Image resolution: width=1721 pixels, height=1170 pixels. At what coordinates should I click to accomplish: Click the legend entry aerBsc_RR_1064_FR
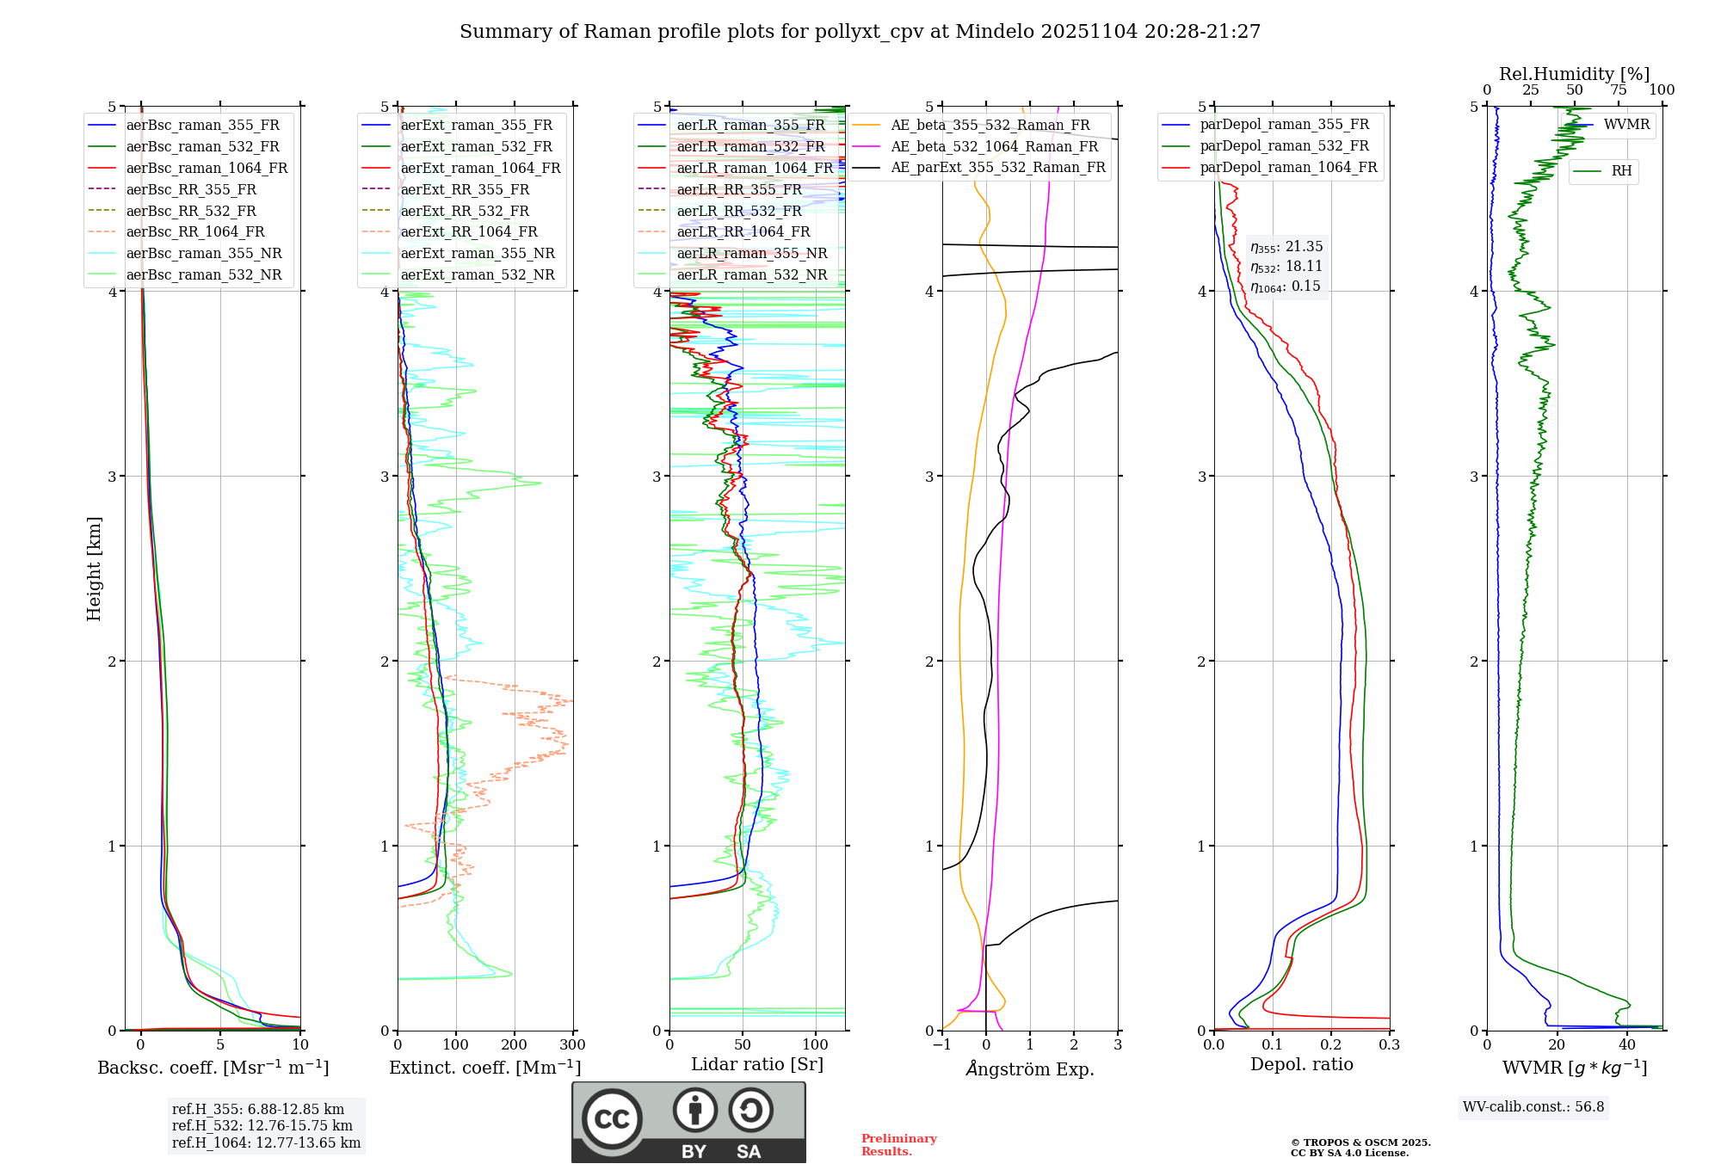pyautogui.click(x=194, y=232)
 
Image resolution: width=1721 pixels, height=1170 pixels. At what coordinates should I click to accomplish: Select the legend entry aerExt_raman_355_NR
pyautogui.click(x=478, y=254)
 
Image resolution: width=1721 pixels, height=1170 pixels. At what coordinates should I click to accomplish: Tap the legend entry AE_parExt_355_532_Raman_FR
pyautogui.click(x=997, y=168)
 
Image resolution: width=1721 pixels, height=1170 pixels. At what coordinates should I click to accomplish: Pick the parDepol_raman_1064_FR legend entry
pyautogui.click(x=1288, y=168)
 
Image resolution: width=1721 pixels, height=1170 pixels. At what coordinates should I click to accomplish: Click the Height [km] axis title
pyautogui.click(x=94, y=568)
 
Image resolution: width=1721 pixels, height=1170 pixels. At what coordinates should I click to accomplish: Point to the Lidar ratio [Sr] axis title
pyautogui.click(x=756, y=1064)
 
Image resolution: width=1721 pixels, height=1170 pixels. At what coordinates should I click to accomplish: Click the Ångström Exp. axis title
pyautogui.click(x=1029, y=1069)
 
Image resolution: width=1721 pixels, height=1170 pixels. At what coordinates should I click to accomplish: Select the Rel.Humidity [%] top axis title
pyautogui.click(x=1574, y=74)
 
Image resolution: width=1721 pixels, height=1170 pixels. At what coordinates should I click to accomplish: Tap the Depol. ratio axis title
pyautogui.click(x=1301, y=1065)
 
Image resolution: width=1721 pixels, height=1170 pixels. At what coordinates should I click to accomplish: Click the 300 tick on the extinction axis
pyautogui.click(x=572, y=1045)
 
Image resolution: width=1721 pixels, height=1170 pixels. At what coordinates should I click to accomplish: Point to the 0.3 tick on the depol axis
pyautogui.click(x=1389, y=1045)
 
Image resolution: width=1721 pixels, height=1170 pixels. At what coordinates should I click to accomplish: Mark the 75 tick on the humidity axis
pyautogui.click(x=1619, y=90)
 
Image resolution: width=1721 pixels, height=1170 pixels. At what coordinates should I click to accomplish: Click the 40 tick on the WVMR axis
pyautogui.click(x=1626, y=1045)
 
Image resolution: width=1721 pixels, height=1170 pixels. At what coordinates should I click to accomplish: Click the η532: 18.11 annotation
pyautogui.click(x=1286, y=267)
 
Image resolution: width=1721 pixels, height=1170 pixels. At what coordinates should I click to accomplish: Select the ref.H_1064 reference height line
pyautogui.click(x=266, y=1143)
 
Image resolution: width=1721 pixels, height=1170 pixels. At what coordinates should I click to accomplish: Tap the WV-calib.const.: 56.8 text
pyautogui.click(x=1533, y=1107)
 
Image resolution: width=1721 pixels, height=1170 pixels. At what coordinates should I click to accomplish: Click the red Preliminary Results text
pyautogui.click(x=898, y=1145)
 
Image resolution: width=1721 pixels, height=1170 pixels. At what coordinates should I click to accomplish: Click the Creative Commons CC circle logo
pyautogui.click(x=612, y=1119)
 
